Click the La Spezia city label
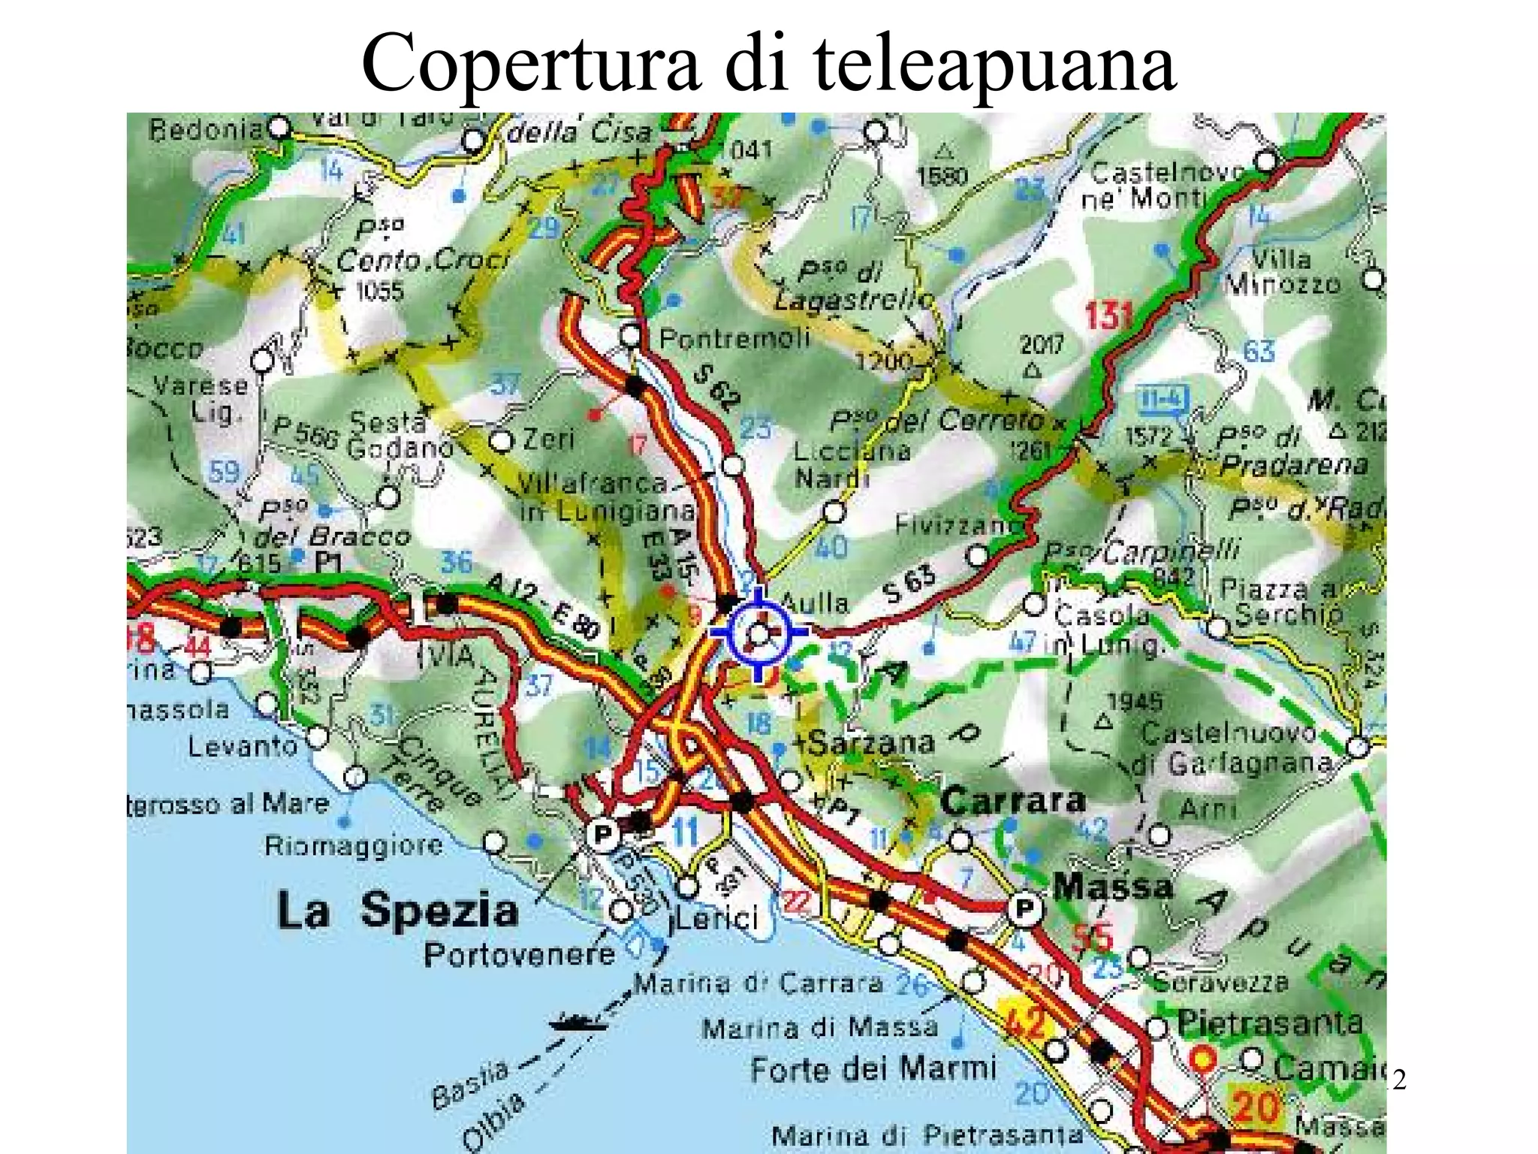[x=397, y=911]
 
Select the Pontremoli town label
[x=734, y=338]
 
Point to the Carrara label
[x=1012, y=801]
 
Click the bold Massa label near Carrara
[x=1112, y=887]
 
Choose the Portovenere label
[x=519, y=955]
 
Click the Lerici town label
[x=714, y=918]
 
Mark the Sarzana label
[x=871, y=744]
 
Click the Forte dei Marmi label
[x=873, y=1068]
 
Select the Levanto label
[x=243, y=746]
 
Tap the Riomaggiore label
[x=354, y=846]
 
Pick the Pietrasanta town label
[x=1269, y=1023]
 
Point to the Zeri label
[x=548, y=438]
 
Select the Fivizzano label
[x=954, y=524]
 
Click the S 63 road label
[x=909, y=583]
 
